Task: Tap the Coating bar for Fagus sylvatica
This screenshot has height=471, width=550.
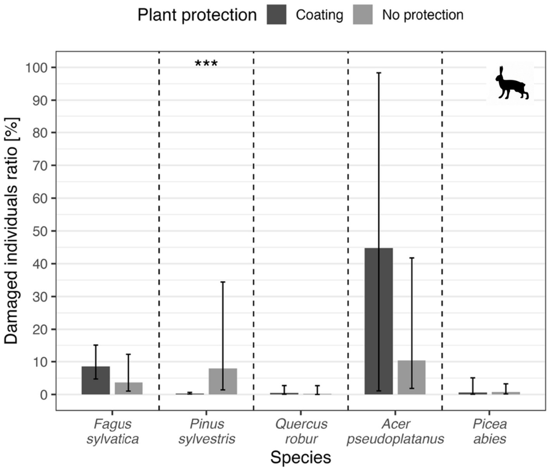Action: point(95,381)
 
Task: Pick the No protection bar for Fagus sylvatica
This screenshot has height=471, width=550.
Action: point(129,388)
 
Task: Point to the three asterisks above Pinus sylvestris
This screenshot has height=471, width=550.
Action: point(206,64)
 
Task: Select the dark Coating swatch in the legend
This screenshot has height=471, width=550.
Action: point(277,15)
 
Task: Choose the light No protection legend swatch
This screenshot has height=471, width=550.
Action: point(363,15)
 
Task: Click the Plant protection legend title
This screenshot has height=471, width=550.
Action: point(197,15)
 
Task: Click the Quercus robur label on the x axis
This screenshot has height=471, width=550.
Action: point(301,431)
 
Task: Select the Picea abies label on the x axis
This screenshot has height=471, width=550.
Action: point(489,431)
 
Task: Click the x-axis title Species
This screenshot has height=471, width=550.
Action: point(301,457)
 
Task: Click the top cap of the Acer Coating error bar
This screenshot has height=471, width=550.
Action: point(379,73)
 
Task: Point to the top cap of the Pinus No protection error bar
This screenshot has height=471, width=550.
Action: point(223,282)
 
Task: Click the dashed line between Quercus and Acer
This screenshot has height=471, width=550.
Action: point(348,233)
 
